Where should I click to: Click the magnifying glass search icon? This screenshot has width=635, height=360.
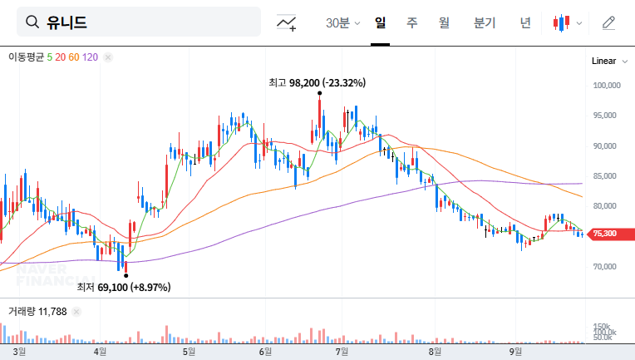coord(33,22)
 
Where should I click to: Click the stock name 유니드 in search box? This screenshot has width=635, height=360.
coord(68,22)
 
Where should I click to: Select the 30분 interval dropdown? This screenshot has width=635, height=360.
coord(342,23)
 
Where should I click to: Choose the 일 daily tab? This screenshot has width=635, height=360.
coord(380,23)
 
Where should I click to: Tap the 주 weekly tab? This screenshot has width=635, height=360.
coord(411,23)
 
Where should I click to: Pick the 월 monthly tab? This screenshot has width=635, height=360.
coord(444,23)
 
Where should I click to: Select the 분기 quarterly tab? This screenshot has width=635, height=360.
coord(484,23)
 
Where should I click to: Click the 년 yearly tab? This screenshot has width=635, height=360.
coord(525,23)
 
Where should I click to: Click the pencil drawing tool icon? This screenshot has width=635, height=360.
coord(608,23)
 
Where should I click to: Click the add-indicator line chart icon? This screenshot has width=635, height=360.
coord(287,23)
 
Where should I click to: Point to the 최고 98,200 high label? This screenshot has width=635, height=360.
coord(317,82)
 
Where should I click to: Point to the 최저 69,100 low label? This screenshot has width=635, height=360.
coord(123,287)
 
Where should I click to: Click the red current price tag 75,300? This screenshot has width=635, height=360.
coord(604,234)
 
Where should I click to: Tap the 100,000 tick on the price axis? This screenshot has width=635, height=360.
coord(608,85)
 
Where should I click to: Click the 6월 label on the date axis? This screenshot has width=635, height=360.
coord(265,352)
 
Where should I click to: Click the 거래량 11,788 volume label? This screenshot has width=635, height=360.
coord(37,312)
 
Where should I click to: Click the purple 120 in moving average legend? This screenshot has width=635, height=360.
coord(91,57)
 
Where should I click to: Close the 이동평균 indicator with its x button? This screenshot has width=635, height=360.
coord(108,57)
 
